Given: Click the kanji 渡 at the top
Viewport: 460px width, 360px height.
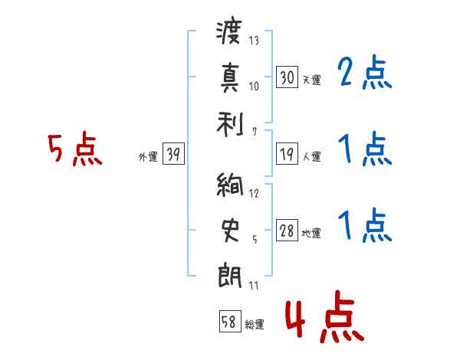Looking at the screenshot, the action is (x=229, y=31).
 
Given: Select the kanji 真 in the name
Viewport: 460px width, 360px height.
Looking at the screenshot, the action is (x=230, y=77).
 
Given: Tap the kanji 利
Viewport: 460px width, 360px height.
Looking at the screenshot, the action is (x=230, y=124).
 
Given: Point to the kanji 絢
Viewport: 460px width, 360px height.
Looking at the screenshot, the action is (x=230, y=184).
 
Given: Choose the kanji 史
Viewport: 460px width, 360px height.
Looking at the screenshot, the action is (x=230, y=231).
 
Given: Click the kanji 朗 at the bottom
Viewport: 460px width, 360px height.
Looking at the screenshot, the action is (x=230, y=277).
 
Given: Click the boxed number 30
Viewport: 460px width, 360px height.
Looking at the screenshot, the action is (x=287, y=77).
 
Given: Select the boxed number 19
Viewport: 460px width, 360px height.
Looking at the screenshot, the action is (x=287, y=154).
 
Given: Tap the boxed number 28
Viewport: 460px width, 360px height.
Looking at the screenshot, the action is (x=287, y=230).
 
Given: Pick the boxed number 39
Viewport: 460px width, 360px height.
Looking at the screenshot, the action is (x=173, y=153).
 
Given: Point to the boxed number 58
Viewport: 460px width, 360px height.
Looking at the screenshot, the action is (x=230, y=321).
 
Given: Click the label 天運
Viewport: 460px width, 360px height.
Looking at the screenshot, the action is (x=312, y=80).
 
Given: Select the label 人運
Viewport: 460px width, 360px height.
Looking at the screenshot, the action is (x=312, y=156).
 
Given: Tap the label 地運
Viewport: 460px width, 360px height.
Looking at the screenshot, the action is (x=311, y=234).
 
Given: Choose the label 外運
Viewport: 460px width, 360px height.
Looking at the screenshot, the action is (x=148, y=156).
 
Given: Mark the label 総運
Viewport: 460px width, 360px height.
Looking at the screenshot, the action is (x=255, y=325).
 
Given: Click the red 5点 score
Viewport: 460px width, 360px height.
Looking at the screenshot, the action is (x=75, y=149).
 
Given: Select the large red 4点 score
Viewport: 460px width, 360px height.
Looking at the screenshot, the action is (x=325, y=316).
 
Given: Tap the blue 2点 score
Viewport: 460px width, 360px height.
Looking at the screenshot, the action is (x=365, y=72).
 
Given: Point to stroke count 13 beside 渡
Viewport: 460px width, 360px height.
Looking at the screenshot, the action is (x=254, y=41).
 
